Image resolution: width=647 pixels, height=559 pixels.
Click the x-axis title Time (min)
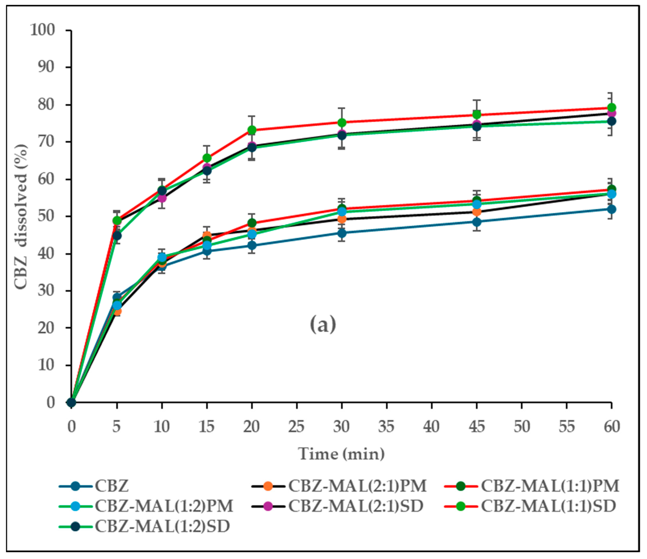pos(341,454)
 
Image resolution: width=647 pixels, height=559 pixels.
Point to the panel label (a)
pos(323,324)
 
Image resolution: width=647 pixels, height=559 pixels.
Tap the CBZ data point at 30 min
pos(342,233)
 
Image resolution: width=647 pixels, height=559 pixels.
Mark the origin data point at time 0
pos(71,402)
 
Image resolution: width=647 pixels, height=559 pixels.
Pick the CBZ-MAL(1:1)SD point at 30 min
pos(342,122)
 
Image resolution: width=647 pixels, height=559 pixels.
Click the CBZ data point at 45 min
pos(476,222)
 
